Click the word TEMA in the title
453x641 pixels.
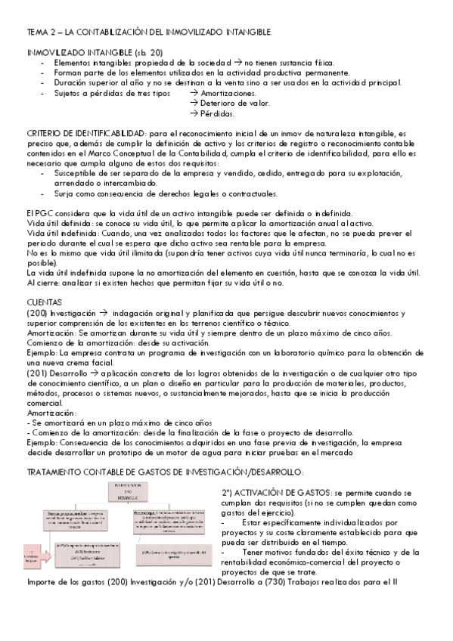tap(36, 33)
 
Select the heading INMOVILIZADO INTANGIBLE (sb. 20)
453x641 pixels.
tap(94, 52)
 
